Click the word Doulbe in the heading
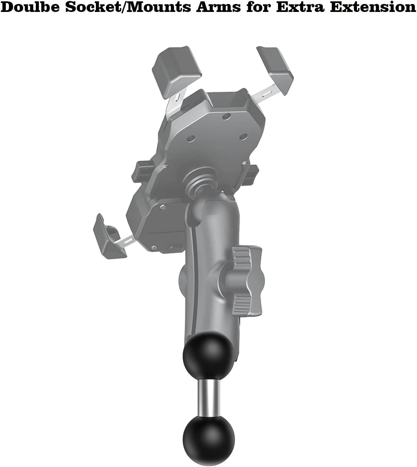point(30,7)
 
